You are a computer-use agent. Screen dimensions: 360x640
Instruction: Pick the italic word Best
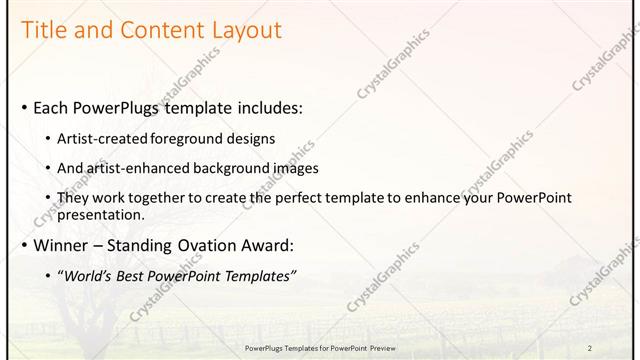click(x=135, y=275)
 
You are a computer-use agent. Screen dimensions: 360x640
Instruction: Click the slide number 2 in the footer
click(x=590, y=347)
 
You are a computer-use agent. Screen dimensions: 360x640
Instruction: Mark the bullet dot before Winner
click(x=24, y=245)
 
